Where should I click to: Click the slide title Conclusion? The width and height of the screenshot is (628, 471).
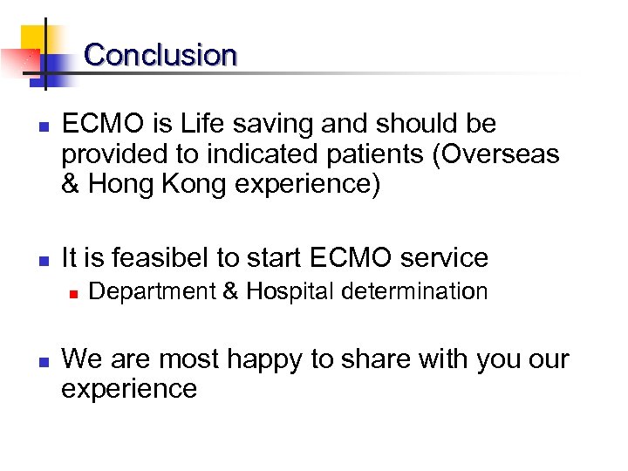(160, 55)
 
